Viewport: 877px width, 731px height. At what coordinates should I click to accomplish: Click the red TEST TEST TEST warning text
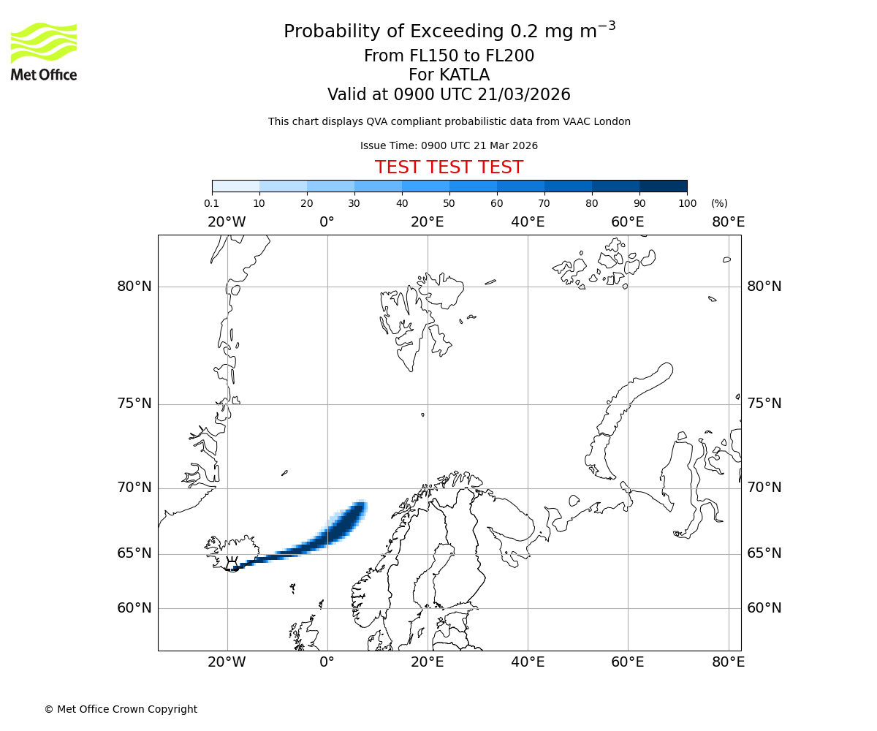pos(449,167)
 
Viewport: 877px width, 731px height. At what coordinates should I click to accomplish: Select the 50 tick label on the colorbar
pos(449,204)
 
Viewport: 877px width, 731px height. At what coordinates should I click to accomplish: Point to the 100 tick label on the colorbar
pos(687,204)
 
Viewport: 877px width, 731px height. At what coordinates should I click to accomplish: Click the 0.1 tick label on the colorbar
pos(212,204)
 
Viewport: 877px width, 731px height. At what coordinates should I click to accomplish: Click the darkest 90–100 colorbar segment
pos(663,186)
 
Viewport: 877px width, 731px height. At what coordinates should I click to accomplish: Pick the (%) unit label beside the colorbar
pos(719,204)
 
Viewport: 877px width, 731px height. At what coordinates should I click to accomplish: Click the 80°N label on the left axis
pos(134,287)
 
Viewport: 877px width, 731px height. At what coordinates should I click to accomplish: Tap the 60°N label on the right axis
pos(764,608)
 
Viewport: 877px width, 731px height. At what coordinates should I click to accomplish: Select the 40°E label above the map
pos(528,222)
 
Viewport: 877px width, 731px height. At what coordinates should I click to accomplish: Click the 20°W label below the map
pos(227,662)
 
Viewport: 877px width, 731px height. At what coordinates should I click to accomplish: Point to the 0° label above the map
pos(327,222)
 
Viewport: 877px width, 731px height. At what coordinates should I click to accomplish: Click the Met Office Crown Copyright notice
pos(121,709)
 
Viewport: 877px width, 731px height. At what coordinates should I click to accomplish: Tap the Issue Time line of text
pos(449,146)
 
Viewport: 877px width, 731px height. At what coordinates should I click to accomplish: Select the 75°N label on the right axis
pos(764,404)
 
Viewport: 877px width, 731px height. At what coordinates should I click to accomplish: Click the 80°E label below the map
pos(728,662)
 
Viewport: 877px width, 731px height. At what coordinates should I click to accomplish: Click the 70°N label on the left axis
pos(134,488)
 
